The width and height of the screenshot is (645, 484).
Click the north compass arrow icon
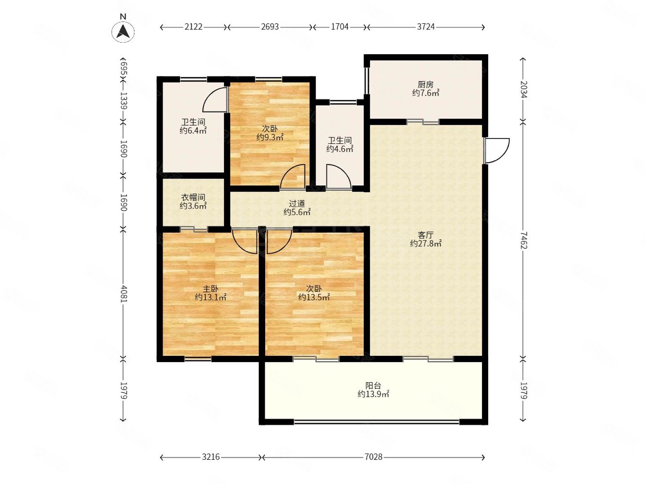(x=123, y=31)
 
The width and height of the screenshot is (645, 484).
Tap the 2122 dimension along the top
(x=194, y=27)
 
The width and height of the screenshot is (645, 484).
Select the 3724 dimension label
(x=426, y=27)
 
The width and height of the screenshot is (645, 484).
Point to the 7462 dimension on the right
(x=524, y=240)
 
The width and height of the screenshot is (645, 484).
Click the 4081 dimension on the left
(x=123, y=293)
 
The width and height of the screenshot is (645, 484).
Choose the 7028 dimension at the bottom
(x=374, y=457)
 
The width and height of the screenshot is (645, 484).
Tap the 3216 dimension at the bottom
(x=210, y=457)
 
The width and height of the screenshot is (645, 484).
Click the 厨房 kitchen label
(x=425, y=85)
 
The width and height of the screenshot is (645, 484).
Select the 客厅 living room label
(x=425, y=235)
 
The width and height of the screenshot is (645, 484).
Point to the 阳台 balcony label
(x=373, y=386)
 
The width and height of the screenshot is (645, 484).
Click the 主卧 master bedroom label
(x=210, y=289)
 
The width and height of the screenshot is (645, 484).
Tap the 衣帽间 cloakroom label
(x=193, y=197)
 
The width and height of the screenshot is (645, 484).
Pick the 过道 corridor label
(x=297, y=203)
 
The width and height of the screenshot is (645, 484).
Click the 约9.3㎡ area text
(x=270, y=137)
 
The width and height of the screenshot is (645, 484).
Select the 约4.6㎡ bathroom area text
(x=340, y=149)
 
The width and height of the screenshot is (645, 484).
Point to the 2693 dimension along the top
(x=270, y=27)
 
